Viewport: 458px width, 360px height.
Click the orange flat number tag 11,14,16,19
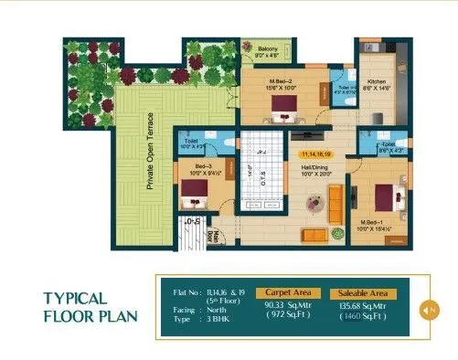click(316, 156)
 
